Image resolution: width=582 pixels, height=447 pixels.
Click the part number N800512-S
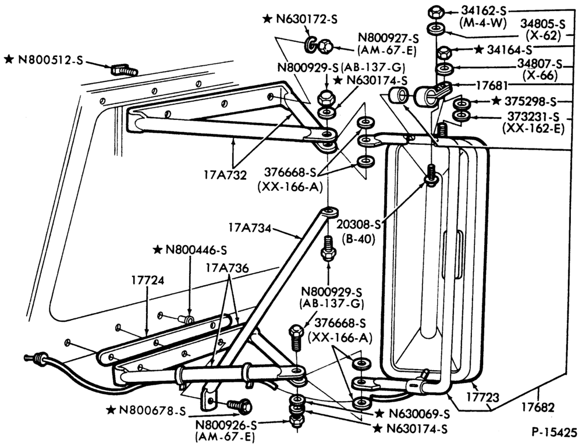click(x=49, y=60)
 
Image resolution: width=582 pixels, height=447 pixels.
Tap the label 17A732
click(x=225, y=175)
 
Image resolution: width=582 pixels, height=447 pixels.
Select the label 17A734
click(x=250, y=227)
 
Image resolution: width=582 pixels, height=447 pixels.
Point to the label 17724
click(x=147, y=280)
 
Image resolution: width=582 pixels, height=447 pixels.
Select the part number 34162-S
click(x=484, y=12)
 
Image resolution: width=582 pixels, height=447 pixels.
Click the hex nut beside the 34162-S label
click(x=434, y=12)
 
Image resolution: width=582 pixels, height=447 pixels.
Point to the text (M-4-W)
click(x=482, y=23)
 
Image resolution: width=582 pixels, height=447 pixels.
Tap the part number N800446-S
click(x=196, y=250)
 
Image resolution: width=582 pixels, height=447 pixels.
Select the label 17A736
click(x=226, y=268)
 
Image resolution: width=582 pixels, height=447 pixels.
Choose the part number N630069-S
click(x=418, y=414)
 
